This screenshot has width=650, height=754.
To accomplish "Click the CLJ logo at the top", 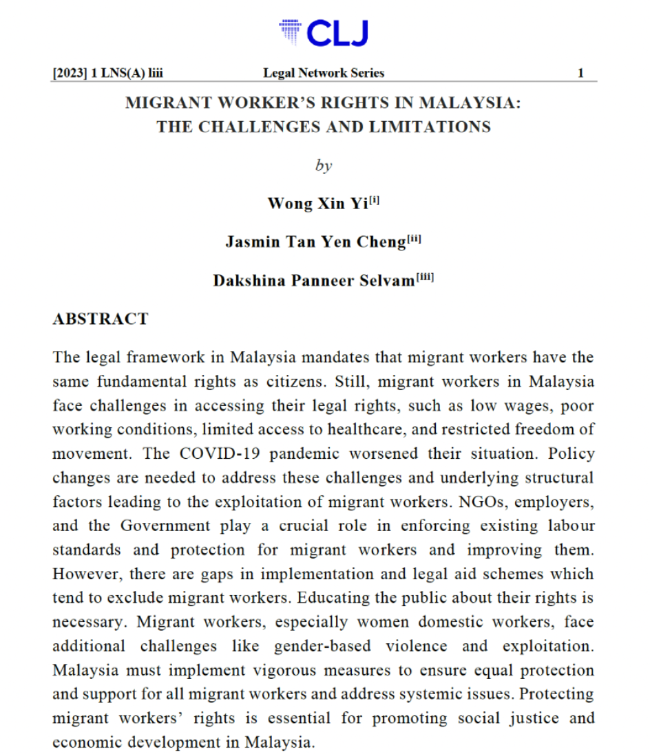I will (324, 33).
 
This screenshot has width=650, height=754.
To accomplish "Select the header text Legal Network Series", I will (324, 73).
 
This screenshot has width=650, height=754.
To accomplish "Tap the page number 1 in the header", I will (580, 73).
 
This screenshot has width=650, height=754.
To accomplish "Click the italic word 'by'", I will (323, 166).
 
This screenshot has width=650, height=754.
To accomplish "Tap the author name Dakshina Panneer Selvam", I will (314, 281).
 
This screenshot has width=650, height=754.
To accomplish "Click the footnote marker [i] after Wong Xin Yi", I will (375, 201).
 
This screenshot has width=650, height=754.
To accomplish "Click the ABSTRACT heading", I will (101, 319).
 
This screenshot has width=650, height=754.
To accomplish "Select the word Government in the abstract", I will (165, 526).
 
